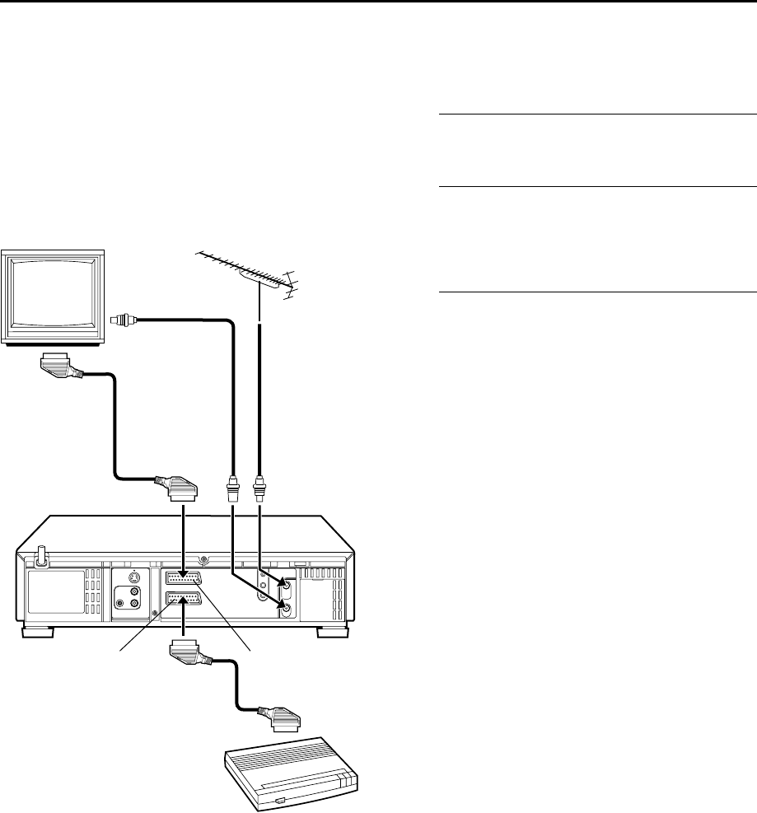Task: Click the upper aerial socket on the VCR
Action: [x=284, y=586]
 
